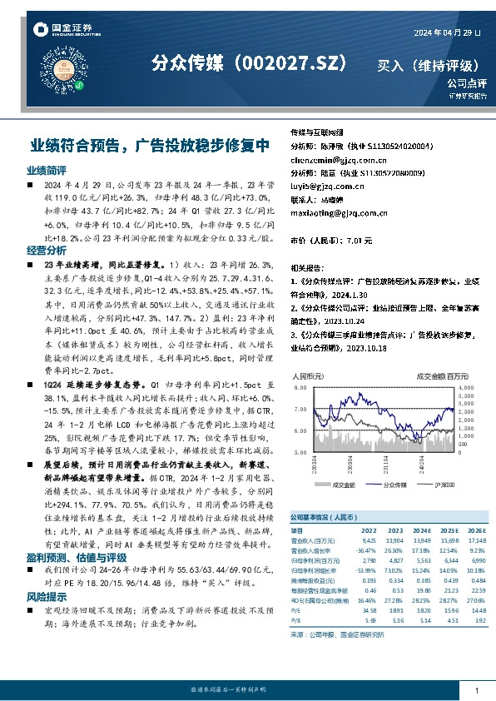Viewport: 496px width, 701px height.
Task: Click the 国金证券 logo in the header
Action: pyautogui.click(x=62, y=30)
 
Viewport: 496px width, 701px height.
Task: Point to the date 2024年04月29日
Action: pyautogui.click(x=447, y=32)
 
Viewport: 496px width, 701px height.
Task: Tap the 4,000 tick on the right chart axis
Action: pyautogui.click(x=465, y=388)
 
